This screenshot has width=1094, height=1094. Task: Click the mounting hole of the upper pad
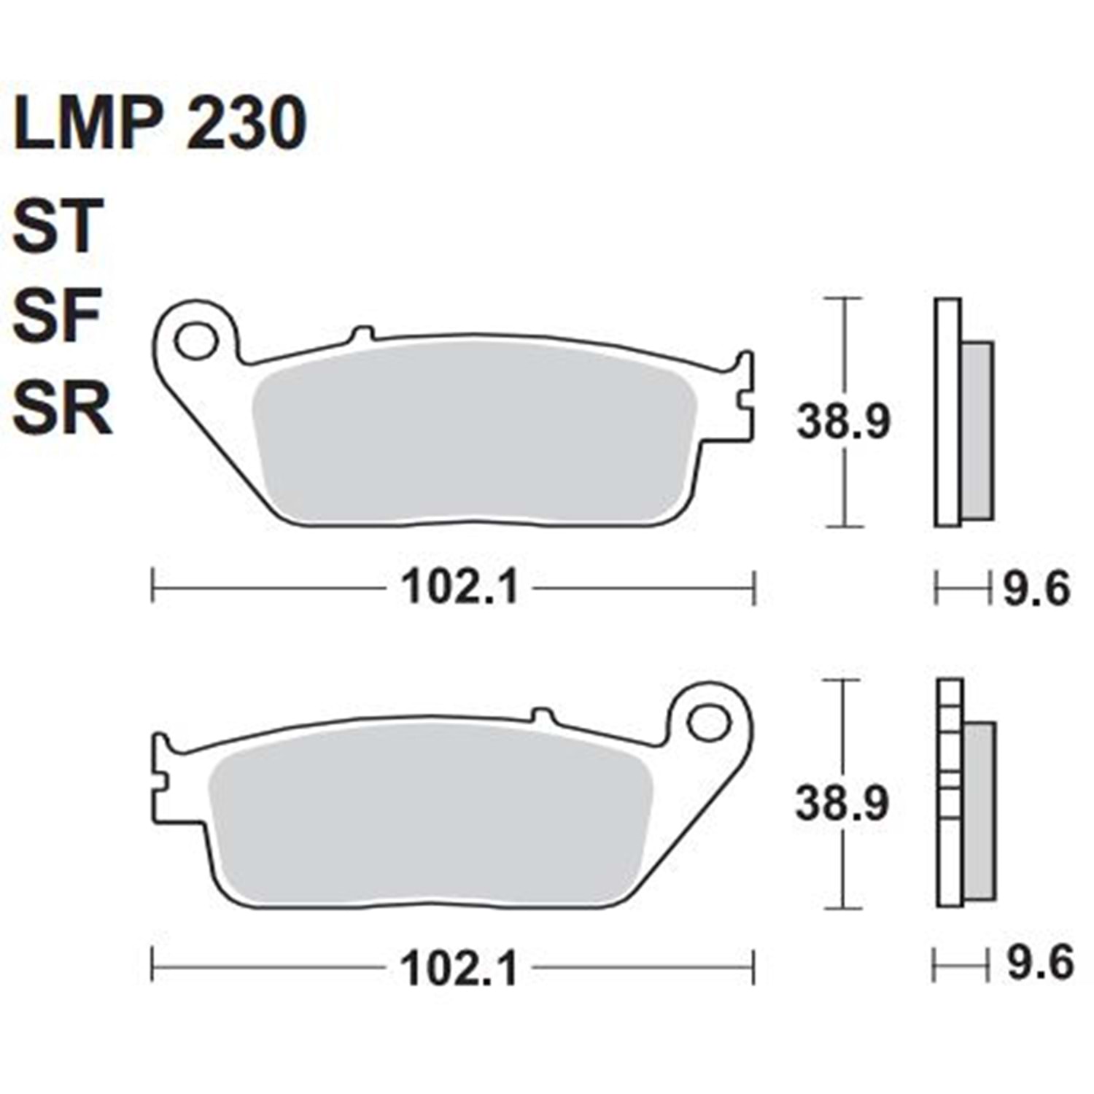[197, 341]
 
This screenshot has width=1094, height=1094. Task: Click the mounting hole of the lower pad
[707, 723]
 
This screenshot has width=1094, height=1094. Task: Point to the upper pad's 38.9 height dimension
[844, 423]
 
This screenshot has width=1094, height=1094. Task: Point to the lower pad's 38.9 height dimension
[842, 804]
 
